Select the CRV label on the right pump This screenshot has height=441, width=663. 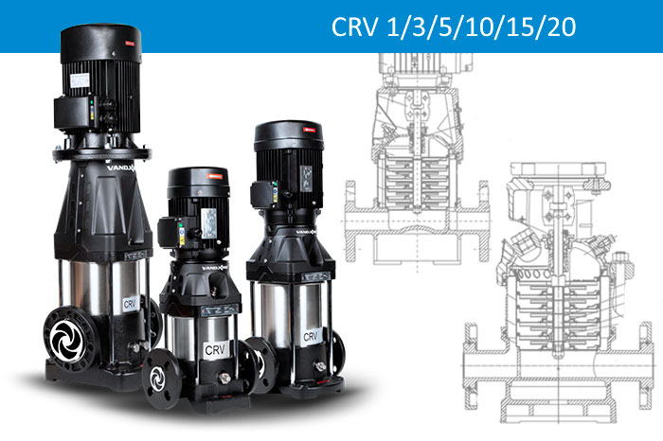pyautogui.click(x=310, y=336)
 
